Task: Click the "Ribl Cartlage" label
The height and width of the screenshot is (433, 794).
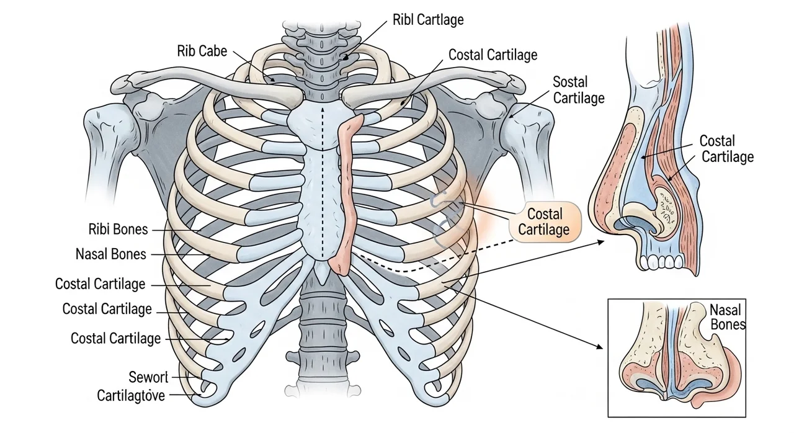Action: pyautogui.click(x=428, y=20)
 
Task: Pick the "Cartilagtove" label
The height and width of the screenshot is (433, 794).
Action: pyautogui.click(x=131, y=395)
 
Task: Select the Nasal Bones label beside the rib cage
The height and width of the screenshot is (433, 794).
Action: pyautogui.click(x=110, y=254)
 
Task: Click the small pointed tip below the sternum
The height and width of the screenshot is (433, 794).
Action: pyautogui.click(x=322, y=270)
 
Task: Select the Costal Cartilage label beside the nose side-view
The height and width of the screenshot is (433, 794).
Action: pyautogui.click(x=727, y=149)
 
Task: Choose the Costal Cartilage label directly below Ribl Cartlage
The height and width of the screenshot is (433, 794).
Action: pyautogui.click(x=493, y=55)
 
